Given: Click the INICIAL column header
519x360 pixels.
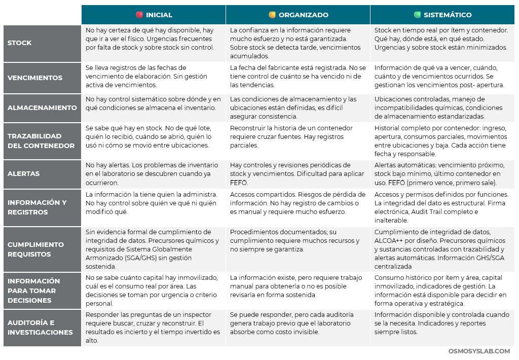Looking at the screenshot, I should (159, 15).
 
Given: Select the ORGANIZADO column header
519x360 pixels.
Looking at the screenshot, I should (303, 15).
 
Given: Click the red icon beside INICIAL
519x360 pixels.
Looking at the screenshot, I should (139, 15).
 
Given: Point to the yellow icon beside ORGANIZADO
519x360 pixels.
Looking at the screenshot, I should (272, 15).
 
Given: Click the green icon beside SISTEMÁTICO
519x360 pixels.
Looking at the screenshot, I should (417, 15).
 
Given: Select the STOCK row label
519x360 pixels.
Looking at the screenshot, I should (20, 43).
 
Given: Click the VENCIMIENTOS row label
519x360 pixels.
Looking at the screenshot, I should (35, 78).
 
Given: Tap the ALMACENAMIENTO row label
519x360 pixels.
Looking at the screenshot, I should (42, 107).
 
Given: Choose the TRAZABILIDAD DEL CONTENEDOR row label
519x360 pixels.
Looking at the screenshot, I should (41, 141).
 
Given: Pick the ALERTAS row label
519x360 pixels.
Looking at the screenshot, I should (24, 173).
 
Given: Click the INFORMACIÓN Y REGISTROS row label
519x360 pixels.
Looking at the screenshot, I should (37, 207).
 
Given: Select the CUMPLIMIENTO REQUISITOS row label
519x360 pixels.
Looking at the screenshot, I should (35, 249).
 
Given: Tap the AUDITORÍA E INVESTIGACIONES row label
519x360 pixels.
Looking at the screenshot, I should (40, 328).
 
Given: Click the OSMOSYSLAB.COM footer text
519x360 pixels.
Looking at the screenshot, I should (479, 351).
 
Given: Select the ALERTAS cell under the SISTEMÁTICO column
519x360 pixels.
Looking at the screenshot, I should (442, 174).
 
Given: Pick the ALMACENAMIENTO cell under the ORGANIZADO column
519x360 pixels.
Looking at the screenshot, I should (298, 107).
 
